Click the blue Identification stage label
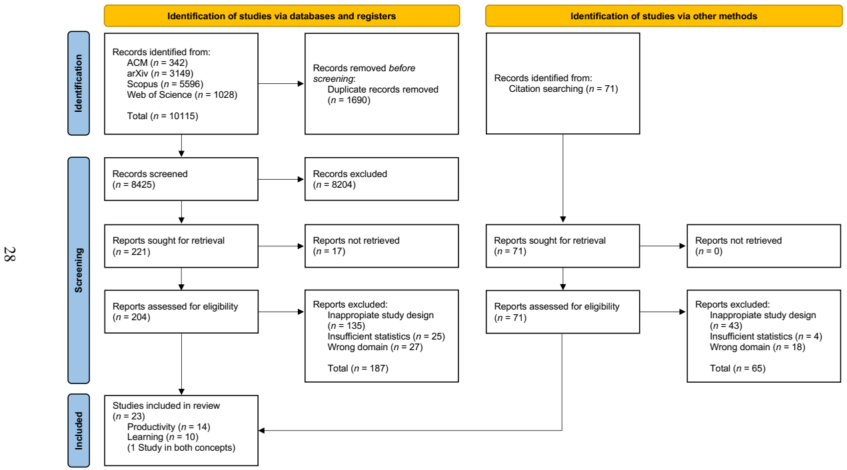click(79, 83)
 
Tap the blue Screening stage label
click(79, 270)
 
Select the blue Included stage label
click(79, 431)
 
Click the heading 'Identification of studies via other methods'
click(664, 16)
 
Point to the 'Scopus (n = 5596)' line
click(165, 84)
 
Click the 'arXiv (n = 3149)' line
click(160, 73)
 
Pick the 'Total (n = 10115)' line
click(163, 116)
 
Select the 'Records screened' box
click(181, 179)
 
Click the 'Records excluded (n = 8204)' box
click(382, 179)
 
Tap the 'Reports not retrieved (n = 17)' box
click(382, 246)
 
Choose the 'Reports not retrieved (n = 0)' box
click(764, 246)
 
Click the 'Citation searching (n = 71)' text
click(563, 89)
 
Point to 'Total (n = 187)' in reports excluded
click(358, 368)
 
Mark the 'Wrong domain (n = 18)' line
click(758, 348)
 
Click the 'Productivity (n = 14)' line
click(169, 427)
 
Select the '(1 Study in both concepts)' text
click(181, 448)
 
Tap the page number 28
click(10, 254)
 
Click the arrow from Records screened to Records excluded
click(281, 179)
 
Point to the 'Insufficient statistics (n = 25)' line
click(386, 337)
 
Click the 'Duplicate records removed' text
click(383, 90)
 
